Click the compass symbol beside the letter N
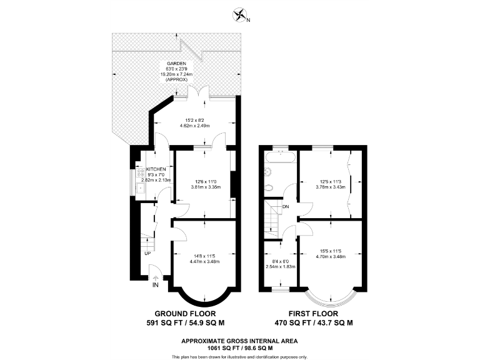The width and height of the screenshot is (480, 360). pos(239,14)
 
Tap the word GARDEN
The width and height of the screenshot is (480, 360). pos(175,64)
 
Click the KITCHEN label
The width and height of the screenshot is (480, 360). pos(156,169)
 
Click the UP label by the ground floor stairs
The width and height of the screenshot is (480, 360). pos(147,253)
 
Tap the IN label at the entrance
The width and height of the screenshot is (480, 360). pos(155,285)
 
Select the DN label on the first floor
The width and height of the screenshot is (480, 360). pos(286,206)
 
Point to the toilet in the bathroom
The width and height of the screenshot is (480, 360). pos(268,187)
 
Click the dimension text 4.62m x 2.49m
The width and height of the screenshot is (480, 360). pos(193,126)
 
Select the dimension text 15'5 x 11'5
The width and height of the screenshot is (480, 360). pos(329,251)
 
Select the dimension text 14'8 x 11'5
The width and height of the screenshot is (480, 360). pos(204,256)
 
